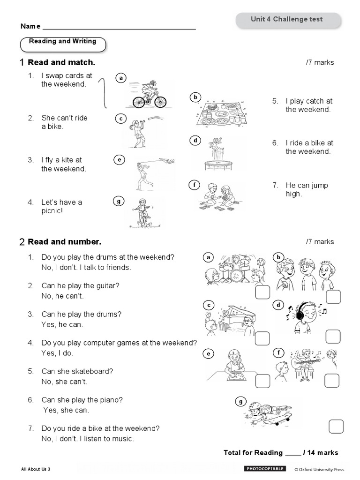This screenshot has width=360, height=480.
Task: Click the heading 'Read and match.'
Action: point(61,62)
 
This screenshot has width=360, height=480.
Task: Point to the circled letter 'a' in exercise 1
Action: point(121,78)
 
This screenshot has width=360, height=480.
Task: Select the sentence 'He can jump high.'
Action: point(307,189)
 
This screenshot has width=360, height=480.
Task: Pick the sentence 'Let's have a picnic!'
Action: point(61,206)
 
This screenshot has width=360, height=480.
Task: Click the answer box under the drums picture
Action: point(262,292)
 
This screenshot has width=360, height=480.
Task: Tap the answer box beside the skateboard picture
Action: point(336,427)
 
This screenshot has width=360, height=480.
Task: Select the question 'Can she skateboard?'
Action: point(77,371)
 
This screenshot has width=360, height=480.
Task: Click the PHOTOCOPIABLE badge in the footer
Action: point(264,468)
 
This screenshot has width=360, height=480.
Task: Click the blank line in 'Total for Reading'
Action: point(292,453)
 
